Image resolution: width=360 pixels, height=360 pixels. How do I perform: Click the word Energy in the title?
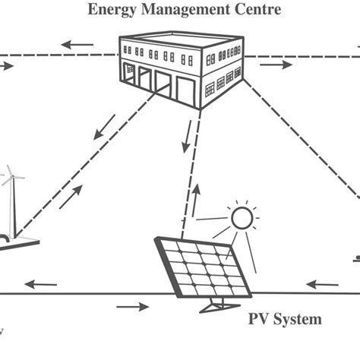[109, 11]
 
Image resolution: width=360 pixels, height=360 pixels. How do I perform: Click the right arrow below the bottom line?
[133, 307]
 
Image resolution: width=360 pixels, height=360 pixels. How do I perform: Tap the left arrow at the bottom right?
[320, 285]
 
